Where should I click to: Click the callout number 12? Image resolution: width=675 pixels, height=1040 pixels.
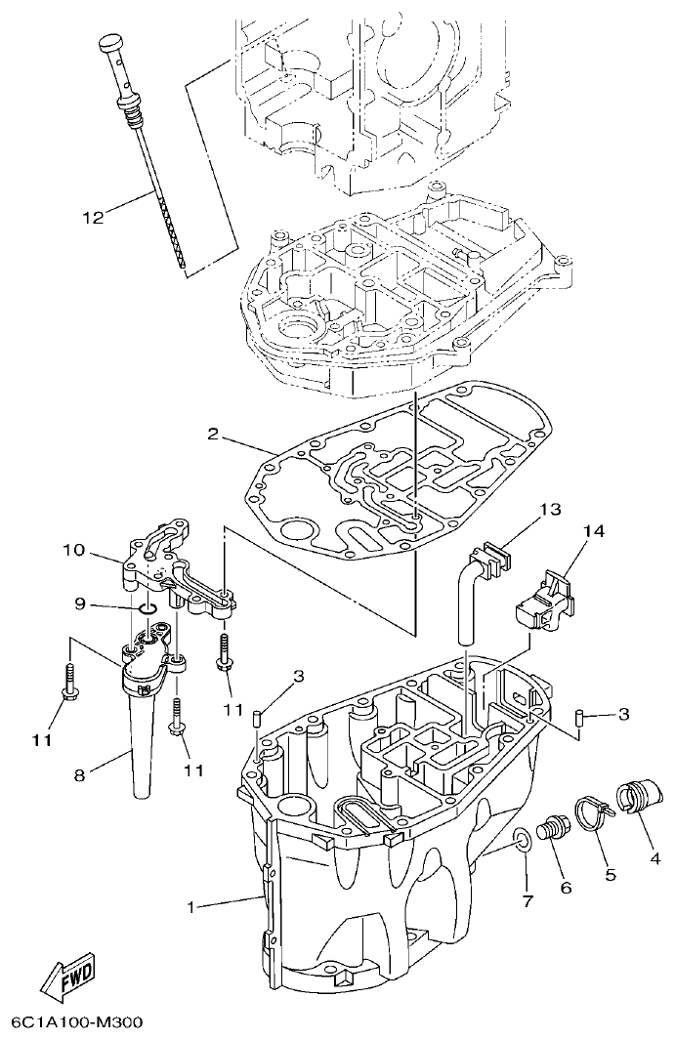tap(92, 218)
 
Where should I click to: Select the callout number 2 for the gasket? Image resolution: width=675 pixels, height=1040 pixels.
tap(212, 433)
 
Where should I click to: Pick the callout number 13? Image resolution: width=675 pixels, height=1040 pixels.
tap(551, 509)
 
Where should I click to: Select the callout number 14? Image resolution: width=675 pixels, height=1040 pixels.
tap(594, 531)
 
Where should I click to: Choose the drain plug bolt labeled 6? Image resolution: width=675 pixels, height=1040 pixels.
tap(556, 831)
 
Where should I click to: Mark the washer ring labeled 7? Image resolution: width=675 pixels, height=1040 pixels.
tap(522, 838)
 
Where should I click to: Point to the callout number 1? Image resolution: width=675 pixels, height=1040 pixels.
tap(192, 907)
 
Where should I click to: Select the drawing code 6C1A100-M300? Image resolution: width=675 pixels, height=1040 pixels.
tap(76, 1022)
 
